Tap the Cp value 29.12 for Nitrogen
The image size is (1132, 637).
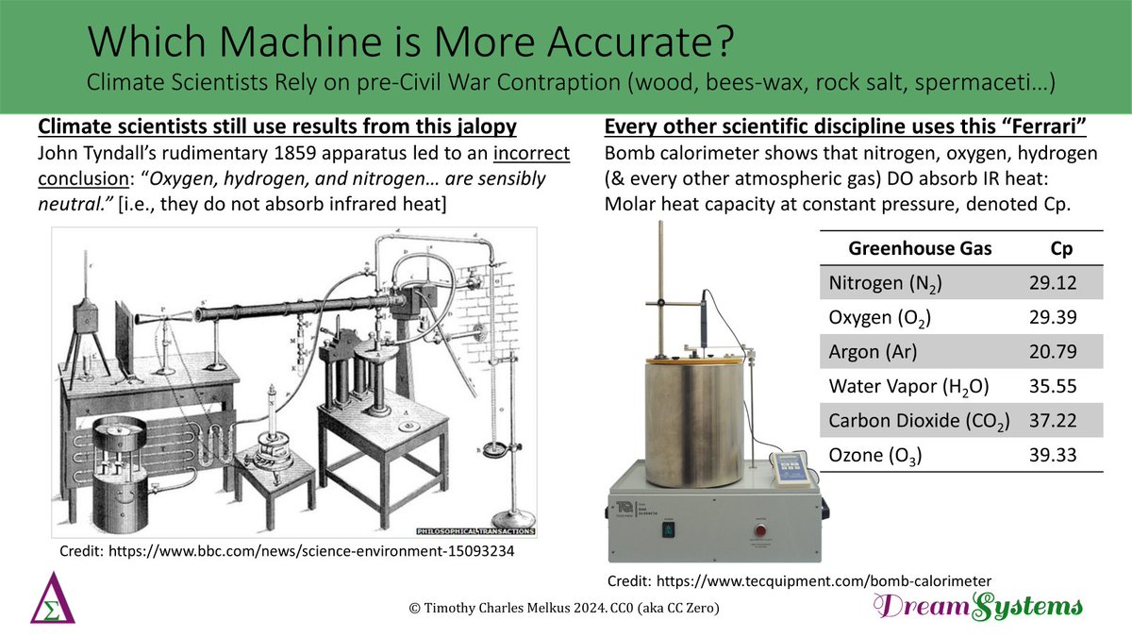[1053, 282]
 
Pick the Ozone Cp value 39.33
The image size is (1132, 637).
[1053, 456]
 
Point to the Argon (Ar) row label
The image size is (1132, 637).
[873, 352]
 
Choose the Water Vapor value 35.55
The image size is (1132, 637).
[1053, 386]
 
